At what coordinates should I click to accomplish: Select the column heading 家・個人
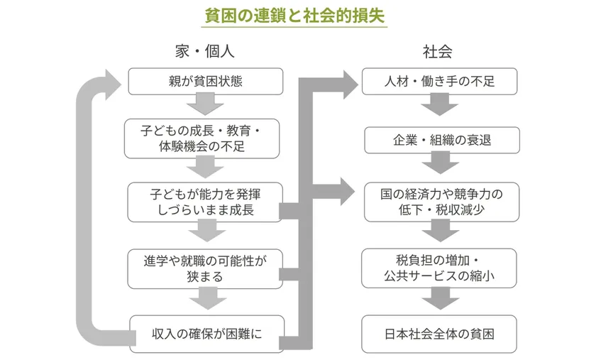pyautogui.click(x=205, y=52)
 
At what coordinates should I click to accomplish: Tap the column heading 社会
pyautogui.click(x=438, y=52)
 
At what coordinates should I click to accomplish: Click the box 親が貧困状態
pyautogui.click(x=206, y=82)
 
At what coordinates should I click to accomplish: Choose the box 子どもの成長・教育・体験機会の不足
pyautogui.click(x=206, y=138)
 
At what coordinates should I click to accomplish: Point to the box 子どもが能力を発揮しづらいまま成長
pyautogui.click(x=206, y=201)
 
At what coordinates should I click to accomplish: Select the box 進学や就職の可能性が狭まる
pyautogui.click(x=206, y=268)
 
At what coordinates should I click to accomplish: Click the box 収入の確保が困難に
pyautogui.click(x=206, y=332)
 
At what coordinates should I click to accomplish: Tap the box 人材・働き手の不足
pyautogui.click(x=440, y=82)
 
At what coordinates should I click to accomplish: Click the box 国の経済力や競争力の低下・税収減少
pyautogui.click(x=440, y=202)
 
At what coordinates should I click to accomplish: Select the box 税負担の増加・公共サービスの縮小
pyautogui.click(x=440, y=268)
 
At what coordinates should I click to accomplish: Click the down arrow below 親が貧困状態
pyautogui.click(x=206, y=105)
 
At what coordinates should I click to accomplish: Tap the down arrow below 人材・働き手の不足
pyautogui.click(x=440, y=105)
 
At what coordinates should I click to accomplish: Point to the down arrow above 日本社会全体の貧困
pyautogui.click(x=440, y=300)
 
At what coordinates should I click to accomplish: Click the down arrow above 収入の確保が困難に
pyautogui.click(x=206, y=300)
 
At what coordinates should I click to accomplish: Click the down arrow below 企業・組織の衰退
pyautogui.click(x=440, y=165)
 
